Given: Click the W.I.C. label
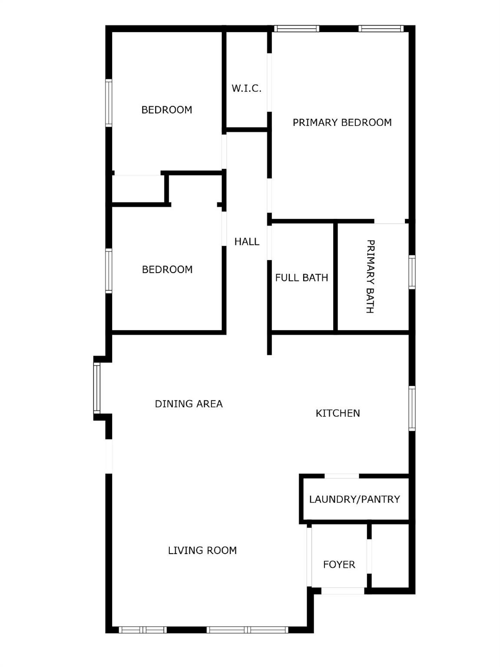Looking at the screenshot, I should pos(246,89).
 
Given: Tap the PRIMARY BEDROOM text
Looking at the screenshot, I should pos(342,122).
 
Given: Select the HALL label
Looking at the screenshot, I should pos(247,242).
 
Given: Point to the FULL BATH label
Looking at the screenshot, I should pos(301,278).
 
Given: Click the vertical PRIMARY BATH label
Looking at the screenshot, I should pos(370,276).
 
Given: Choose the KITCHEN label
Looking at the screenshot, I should pos(338,413).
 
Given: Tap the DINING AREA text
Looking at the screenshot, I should pos(189,404).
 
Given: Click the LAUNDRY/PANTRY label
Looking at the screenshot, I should pos(354,499).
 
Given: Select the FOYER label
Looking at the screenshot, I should pos(339,565).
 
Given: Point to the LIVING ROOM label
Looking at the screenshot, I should pos(202,551).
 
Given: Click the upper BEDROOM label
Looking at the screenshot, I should pos(167,110).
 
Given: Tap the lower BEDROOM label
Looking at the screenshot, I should pos(167,270).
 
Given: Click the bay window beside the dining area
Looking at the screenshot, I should pos(97,388).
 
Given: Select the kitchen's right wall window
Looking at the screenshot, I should pos(412,408).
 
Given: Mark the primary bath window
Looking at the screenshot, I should pos(412,272).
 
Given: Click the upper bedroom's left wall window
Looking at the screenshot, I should pos(109,103).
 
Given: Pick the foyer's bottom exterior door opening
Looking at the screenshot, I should pos(343,591).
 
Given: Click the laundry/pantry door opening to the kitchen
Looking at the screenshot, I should pos(342,476).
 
